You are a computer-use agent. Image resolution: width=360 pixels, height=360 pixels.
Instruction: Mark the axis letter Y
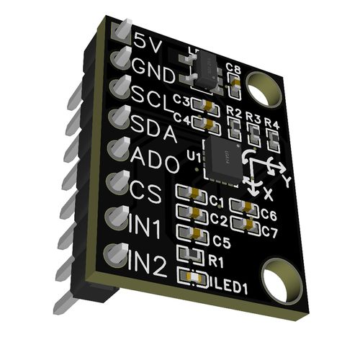(x=287, y=180)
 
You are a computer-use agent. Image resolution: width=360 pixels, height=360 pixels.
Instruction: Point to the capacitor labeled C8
(x=234, y=86)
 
